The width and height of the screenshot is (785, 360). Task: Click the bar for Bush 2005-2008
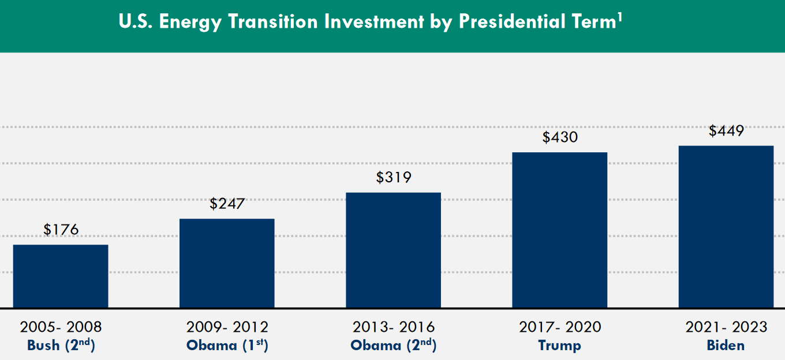pyautogui.click(x=61, y=276)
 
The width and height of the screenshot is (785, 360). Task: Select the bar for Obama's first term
pyautogui.click(x=227, y=263)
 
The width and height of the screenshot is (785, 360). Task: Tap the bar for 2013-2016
pyautogui.click(x=393, y=250)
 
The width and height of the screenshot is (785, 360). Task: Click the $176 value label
pyautogui.click(x=61, y=230)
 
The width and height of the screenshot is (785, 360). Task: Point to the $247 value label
pyautogui.click(x=227, y=204)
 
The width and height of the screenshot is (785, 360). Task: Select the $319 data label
pyautogui.click(x=393, y=177)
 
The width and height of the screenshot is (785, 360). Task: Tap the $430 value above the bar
pyautogui.click(x=559, y=137)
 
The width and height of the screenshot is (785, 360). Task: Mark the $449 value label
pyautogui.click(x=726, y=131)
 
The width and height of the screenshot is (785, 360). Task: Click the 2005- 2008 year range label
pyautogui.click(x=61, y=327)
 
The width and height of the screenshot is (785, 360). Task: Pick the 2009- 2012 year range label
pyautogui.click(x=227, y=327)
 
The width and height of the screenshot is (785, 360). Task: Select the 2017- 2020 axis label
pyautogui.click(x=559, y=327)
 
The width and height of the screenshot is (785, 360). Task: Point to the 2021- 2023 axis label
pyautogui.click(x=726, y=327)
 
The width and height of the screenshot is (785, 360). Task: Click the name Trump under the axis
pyautogui.click(x=559, y=346)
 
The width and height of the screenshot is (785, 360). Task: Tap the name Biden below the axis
pyautogui.click(x=726, y=346)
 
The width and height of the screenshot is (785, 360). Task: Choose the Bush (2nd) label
pyautogui.click(x=61, y=346)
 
